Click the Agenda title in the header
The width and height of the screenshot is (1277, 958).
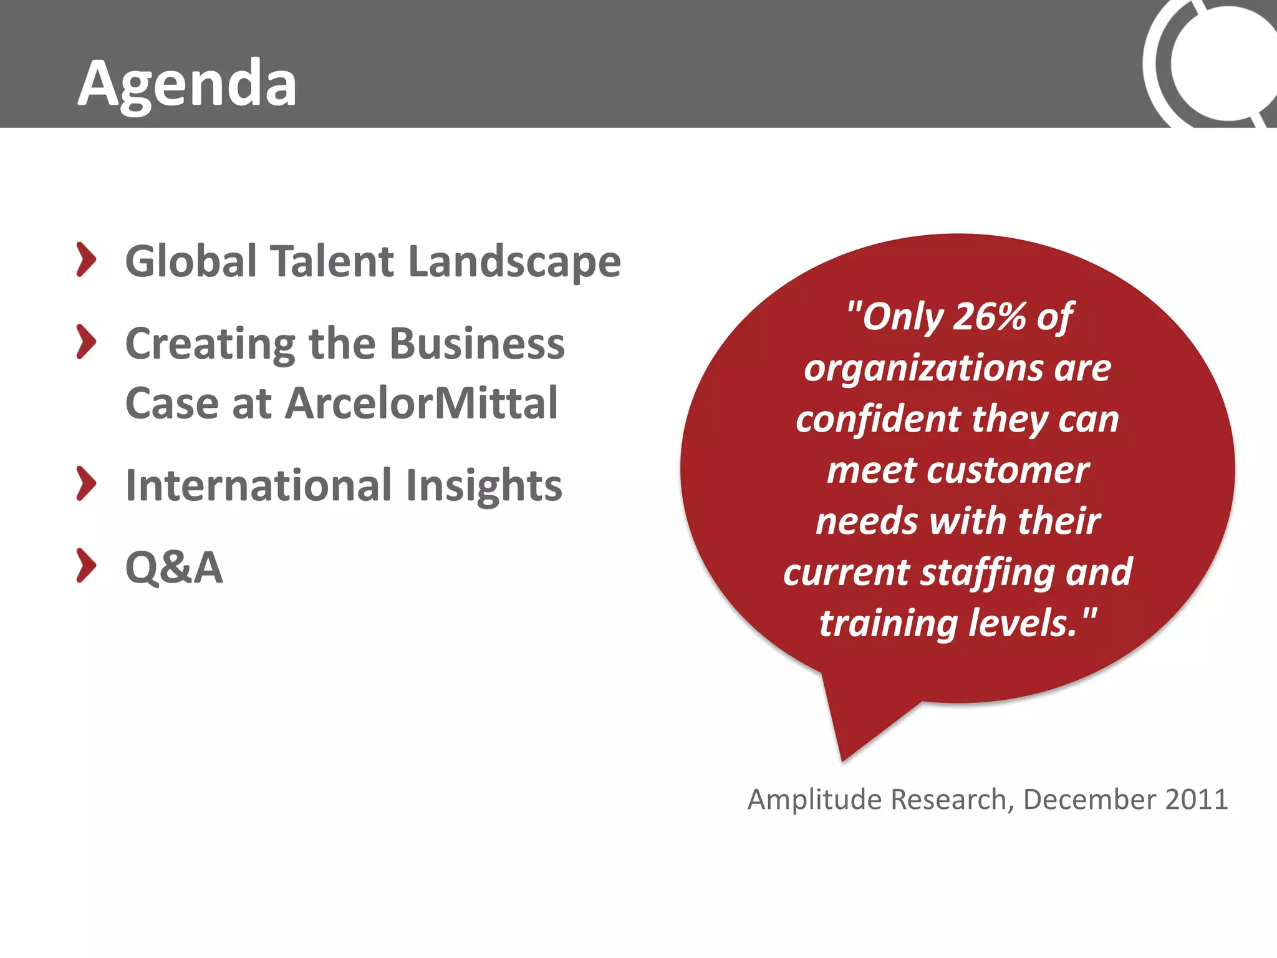(187, 84)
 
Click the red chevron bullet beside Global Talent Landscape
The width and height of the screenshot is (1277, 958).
(86, 259)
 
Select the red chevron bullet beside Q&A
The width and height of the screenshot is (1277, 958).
(86, 566)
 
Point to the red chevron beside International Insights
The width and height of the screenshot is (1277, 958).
(86, 483)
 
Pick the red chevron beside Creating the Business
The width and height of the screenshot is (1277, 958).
(86, 342)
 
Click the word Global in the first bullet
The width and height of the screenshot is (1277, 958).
(191, 261)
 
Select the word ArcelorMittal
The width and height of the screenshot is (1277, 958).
(422, 403)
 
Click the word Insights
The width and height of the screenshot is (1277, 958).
(484, 485)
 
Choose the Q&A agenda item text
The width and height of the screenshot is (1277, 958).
(174, 568)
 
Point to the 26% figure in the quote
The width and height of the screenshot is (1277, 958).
(990, 316)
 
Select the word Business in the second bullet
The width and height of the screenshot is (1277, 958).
(477, 344)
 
